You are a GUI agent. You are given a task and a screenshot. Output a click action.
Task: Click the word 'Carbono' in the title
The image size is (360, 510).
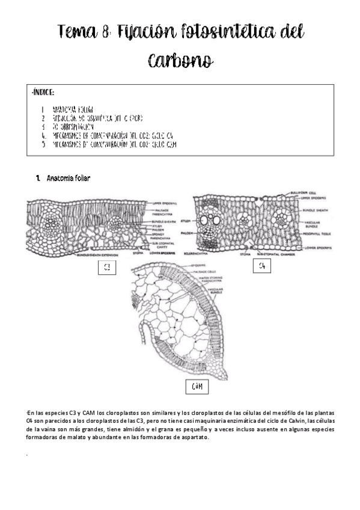[x=180, y=60]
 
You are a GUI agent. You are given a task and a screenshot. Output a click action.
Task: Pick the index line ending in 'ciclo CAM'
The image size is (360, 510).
[x=114, y=145]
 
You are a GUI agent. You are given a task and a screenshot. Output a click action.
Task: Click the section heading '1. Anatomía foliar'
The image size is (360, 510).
[x=63, y=179]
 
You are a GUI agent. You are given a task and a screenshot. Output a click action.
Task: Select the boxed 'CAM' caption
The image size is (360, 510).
[x=196, y=387]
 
